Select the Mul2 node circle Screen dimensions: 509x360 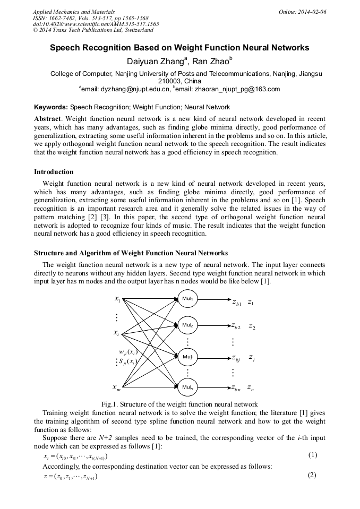[187, 324]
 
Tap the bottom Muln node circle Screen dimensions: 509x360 [187, 387]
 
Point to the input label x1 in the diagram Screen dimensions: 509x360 [117, 299]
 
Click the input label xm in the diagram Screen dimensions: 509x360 [117, 388]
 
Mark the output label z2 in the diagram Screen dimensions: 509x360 [252, 326]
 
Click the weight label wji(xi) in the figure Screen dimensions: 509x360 [128, 351]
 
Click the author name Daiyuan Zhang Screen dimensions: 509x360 [155, 62]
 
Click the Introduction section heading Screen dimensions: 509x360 [54, 172]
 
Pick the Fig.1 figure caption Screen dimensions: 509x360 [179, 404]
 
